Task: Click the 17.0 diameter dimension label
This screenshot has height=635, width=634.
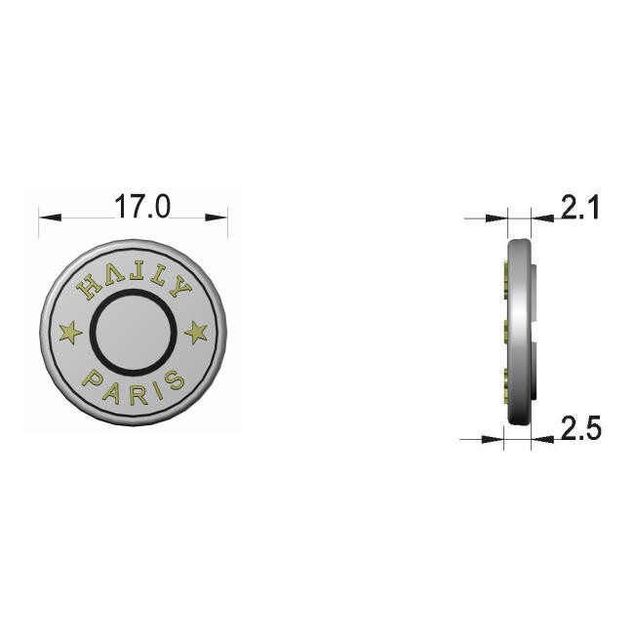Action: point(142,207)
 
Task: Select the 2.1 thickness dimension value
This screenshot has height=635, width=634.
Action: point(579,208)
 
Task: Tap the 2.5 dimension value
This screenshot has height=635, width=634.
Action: point(581,427)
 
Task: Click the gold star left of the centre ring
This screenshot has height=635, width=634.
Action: point(71,332)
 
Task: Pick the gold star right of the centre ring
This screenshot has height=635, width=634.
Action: point(196,332)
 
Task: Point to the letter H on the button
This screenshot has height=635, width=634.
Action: point(89,287)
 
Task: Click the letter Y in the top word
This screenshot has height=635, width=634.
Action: point(179,286)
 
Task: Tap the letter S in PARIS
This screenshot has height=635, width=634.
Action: point(175,380)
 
